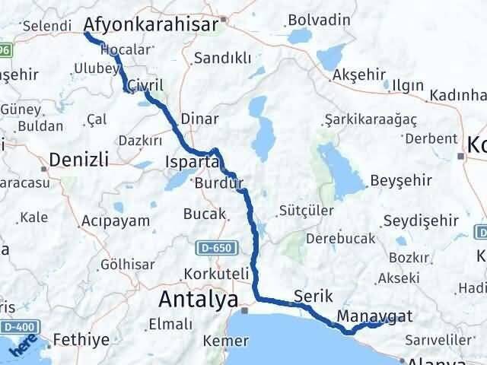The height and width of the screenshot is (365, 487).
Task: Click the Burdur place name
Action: click(218, 183)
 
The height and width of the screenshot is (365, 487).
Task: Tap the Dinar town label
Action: click(200, 119)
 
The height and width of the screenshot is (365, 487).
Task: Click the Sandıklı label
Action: click(218, 58)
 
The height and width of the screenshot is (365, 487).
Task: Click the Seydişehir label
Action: click(420, 220)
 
